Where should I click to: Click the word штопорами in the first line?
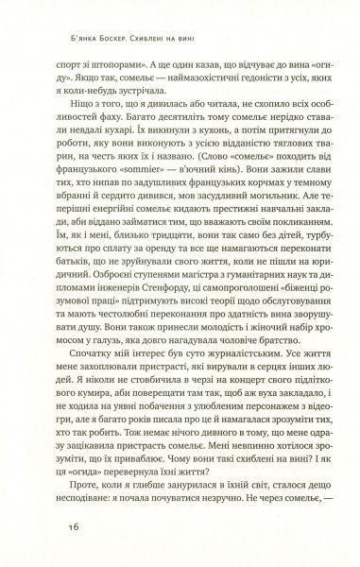(102, 59)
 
